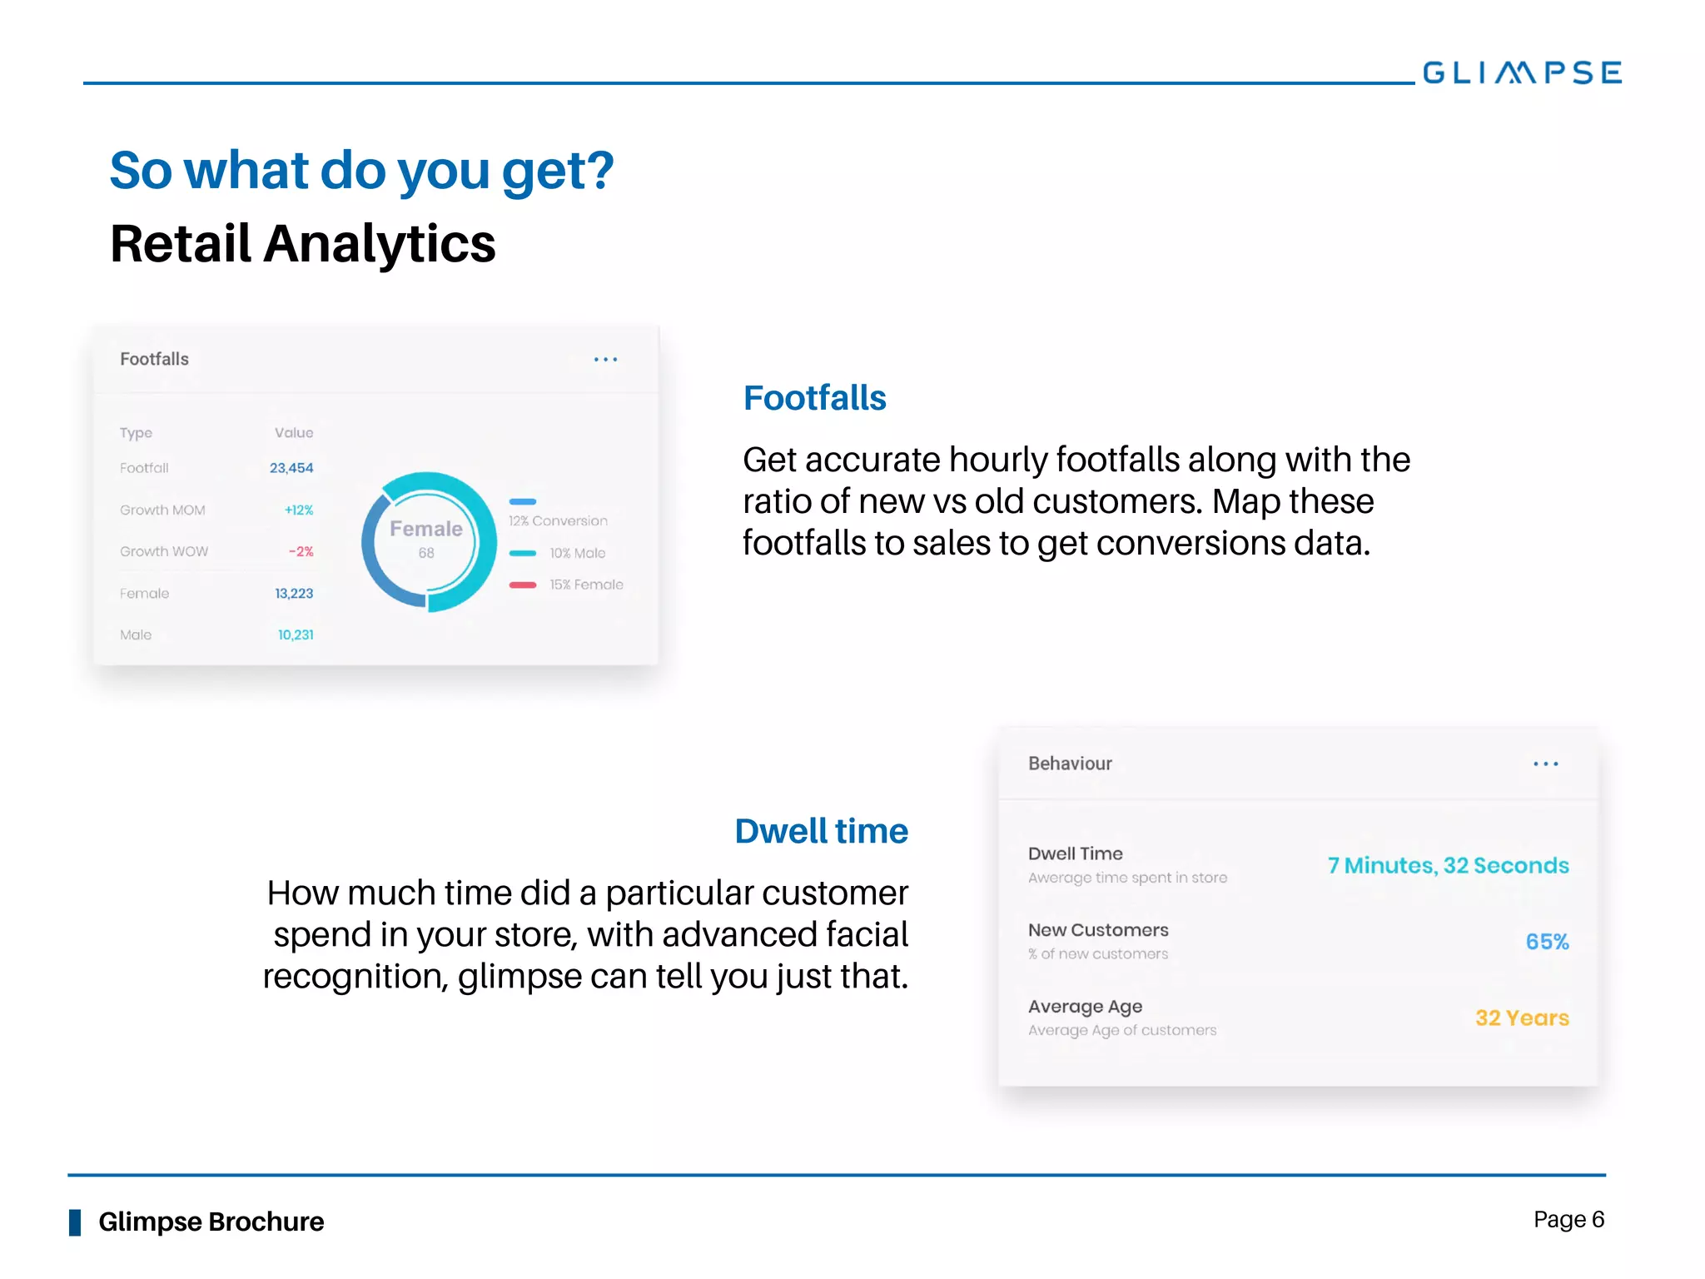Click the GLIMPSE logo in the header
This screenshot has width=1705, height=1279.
coord(1522,72)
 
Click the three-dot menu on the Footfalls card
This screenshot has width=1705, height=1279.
coord(605,360)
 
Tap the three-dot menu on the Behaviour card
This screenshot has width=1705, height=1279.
coord(1545,764)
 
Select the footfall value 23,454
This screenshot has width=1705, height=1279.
coord(291,468)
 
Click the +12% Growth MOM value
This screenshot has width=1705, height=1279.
coord(299,510)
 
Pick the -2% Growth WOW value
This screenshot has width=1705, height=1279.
coord(301,551)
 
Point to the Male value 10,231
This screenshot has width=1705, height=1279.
coord(296,635)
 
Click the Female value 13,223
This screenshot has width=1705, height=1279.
coord(294,593)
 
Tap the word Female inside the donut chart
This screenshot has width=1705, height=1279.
coord(426,529)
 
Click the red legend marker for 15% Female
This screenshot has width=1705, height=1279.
coord(523,585)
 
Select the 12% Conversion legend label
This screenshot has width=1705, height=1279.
coord(558,520)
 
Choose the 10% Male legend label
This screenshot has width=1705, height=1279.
coord(577,553)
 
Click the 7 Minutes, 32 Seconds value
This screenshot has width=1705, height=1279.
coord(1448,865)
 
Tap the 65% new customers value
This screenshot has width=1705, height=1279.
coord(1547,942)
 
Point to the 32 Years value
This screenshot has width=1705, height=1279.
coord(1522,1018)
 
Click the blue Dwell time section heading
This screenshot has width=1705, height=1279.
coord(821,831)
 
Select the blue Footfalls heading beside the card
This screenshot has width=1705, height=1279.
coord(814,398)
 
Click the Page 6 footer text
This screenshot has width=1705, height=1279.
coord(1568,1220)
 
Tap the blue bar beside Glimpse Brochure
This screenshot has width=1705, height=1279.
coord(75,1222)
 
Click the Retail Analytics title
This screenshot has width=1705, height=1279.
coord(303,243)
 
